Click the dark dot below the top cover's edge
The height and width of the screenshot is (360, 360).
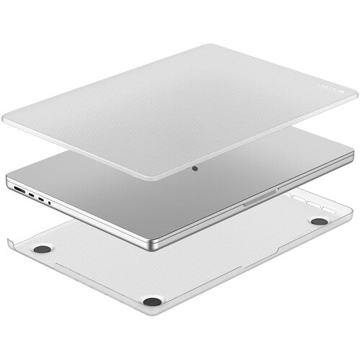pyautogui.click(x=195, y=171)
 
